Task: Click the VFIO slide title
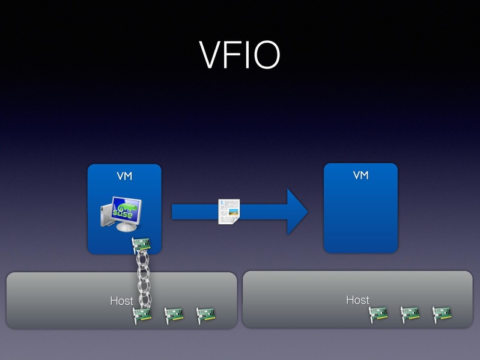tap(240, 55)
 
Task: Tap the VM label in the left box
tap(124, 176)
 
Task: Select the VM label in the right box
tap(360, 175)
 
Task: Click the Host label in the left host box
tap(121, 301)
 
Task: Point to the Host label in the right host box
tap(357, 299)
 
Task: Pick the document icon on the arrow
tap(228, 212)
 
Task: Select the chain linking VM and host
tap(142, 279)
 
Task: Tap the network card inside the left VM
tap(141, 245)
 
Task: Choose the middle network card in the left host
tap(174, 314)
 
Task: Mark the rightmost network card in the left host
tap(205, 314)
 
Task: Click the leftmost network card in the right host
tap(378, 313)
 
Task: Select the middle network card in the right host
tap(410, 313)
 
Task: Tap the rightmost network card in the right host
tap(442, 313)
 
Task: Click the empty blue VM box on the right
tap(360, 216)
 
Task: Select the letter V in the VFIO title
tap(211, 55)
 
